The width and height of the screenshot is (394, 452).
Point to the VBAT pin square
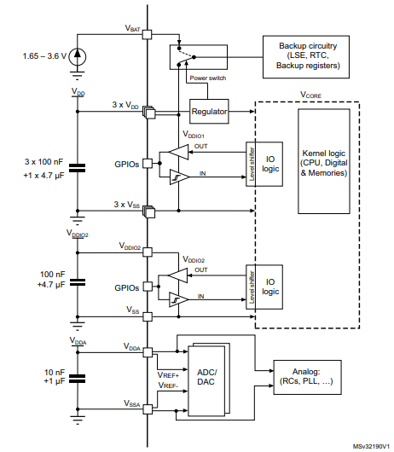147,36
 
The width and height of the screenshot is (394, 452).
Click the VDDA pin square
147,351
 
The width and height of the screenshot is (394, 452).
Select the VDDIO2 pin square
147,251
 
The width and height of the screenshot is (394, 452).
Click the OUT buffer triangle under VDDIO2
177,275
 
